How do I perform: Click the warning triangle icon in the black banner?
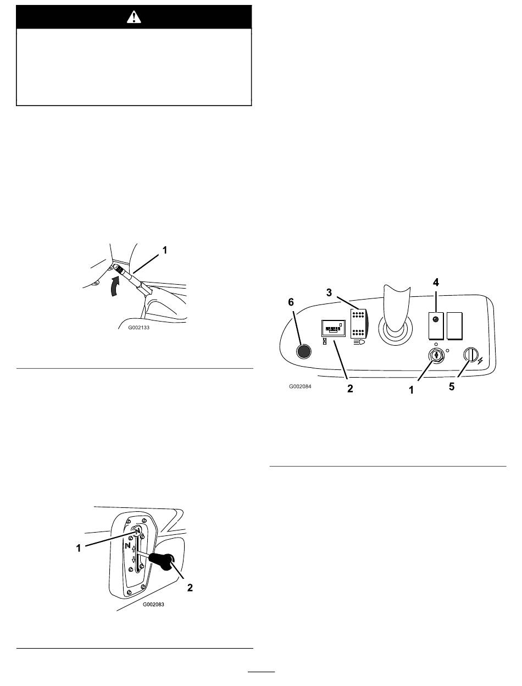coord(134,17)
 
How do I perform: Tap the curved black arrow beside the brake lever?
coord(115,285)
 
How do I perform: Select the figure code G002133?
coord(138,328)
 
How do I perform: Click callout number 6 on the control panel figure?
coord(291,302)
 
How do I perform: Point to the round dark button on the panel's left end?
coord(303,351)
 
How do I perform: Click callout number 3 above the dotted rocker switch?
coord(329,292)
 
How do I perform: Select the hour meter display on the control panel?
coord(334,329)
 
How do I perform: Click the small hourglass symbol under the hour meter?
coord(324,341)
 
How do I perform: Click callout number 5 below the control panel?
coord(452,386)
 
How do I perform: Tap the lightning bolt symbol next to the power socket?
coord(480,361)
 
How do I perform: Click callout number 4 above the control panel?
coord(436,283)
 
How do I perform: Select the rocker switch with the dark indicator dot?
coord(436,326)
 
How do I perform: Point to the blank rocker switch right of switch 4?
coord(454,326)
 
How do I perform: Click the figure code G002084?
coord(300,386)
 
